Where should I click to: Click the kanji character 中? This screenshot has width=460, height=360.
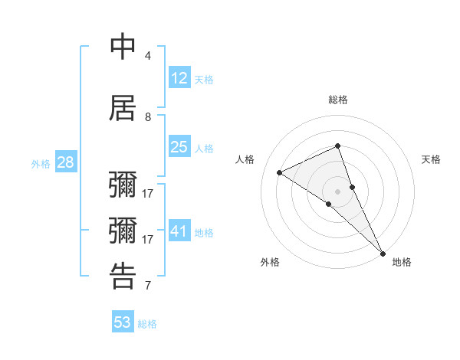(x=123, y=47)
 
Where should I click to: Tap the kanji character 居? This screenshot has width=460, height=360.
(x=123, y=108)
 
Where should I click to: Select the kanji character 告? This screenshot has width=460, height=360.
(x=123, y=277)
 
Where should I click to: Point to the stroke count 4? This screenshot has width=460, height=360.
(x=148, y=56)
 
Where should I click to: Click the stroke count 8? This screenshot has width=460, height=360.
(x=148, y=117)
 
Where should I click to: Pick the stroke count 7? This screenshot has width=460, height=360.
(x=148, y=286)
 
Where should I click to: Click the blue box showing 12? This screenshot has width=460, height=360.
(x=179, y=77)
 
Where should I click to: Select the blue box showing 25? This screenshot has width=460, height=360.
(x=179, y=147)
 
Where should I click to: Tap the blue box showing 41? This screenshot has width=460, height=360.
(x=179, y=231)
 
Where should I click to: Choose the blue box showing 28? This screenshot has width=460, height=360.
(x=65, y=162)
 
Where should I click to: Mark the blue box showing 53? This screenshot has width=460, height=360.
(x=123, y=322)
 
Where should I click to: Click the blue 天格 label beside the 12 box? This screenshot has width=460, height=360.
(x=204, y=79)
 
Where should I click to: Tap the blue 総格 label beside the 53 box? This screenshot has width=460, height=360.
(x=147, y=324)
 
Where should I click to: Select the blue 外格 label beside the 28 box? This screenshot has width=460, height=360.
(x=40, y=164)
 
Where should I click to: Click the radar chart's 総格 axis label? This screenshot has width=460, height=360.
(x=338, y=100)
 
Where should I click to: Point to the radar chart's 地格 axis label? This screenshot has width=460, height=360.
(x=402, y=262)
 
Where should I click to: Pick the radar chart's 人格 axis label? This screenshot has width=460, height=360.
(x=245, y=159)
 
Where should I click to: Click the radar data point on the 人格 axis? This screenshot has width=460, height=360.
(x=280, y=172)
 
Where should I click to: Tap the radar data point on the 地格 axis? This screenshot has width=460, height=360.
(x=383, y=253)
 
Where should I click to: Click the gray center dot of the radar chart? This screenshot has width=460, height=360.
(x=338, y=191)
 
